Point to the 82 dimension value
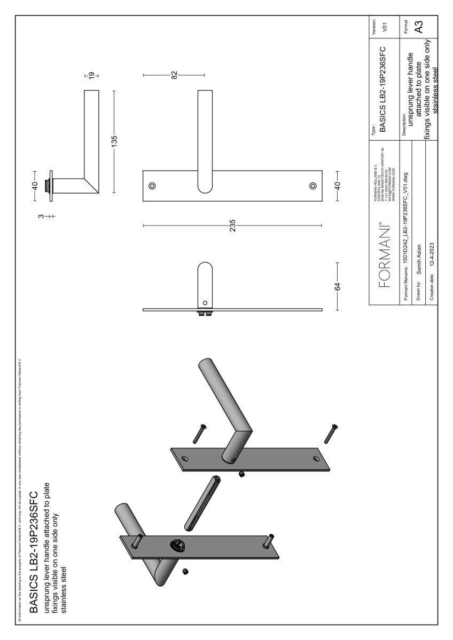pyautogui.click(x=174, y=75)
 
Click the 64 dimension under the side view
pyautogui.click(x=338, y=285)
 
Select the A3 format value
pyautogui.click(x=419, y=27)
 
